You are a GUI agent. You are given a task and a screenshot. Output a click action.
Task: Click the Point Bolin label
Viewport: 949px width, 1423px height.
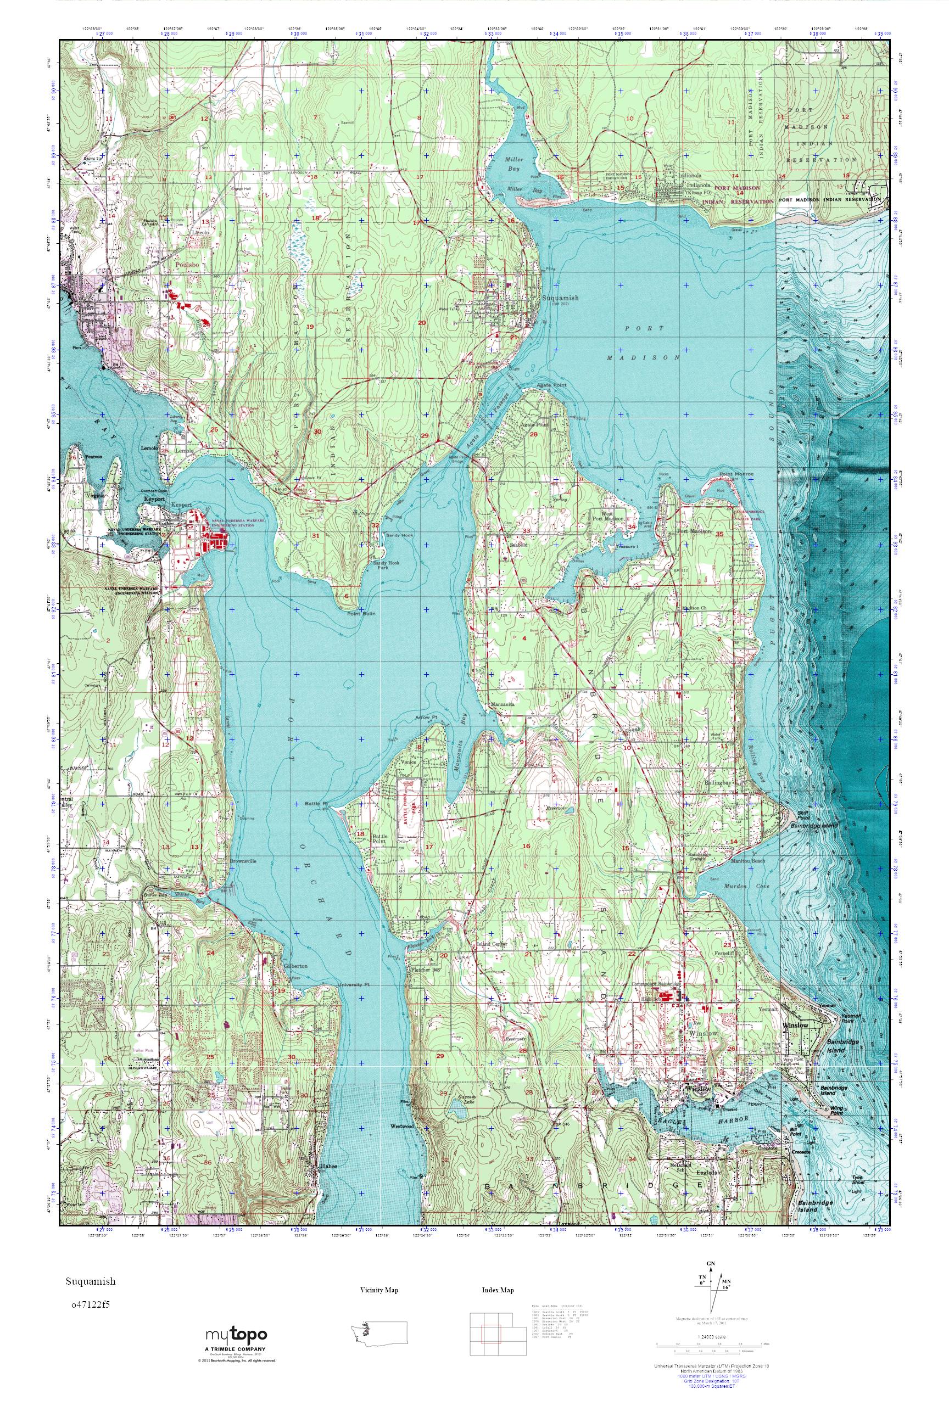click(x=361, y=613)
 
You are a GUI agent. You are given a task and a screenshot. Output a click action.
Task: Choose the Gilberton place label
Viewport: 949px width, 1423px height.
click(x=295, y=966)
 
